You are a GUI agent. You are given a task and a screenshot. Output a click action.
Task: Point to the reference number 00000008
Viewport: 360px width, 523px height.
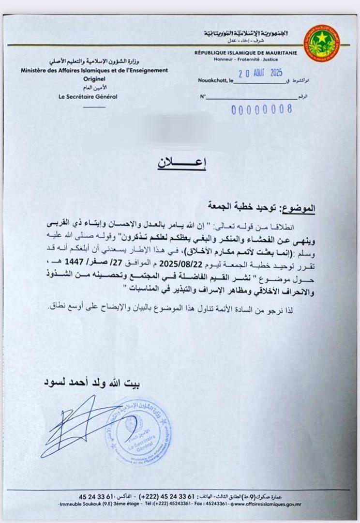[262, 108]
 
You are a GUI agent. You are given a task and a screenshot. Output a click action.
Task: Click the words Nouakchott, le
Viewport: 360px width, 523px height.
[216, 82]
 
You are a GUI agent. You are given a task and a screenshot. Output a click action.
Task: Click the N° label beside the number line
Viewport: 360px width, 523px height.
[204, 97]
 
